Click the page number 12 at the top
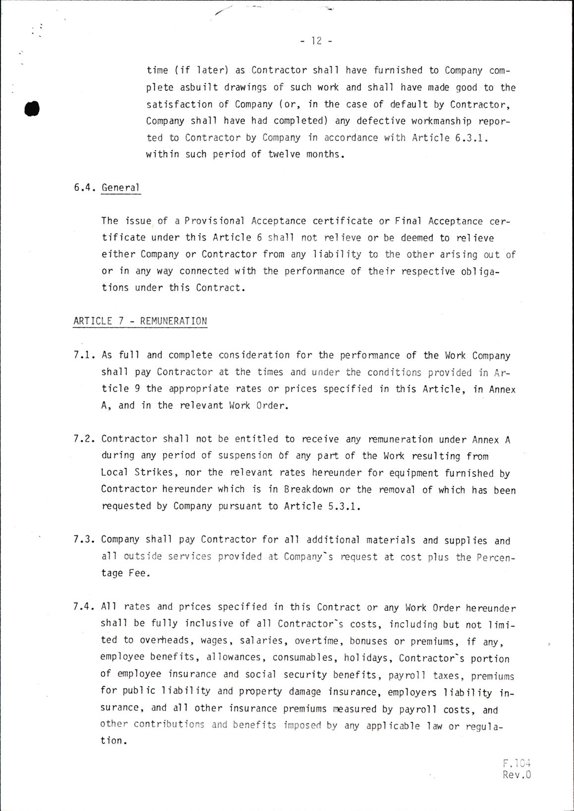pyautogui.click(x=316, y=41)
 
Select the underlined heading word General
pyautogui.click(x=121, y=188)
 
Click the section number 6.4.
pyautogui.click(x=84, y=188)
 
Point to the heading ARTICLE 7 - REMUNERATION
pyautogui.click(x=140, y=321)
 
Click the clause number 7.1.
pyautogui.click(x=84, y=355)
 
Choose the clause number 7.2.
pyautogui.click(x=84, y=439)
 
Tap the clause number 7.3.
pyautogui.click(x=84, y=539)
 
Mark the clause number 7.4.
pyautogui.click(x=84, y=607)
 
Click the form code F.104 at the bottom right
pyautogui.click(x=517, y=763)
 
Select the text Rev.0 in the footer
pyautogui.click(x=517, y=775)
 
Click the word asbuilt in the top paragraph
pyautogui.click(x=199, y=87)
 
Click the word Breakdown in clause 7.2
pyautogui.click(x=308, y=489)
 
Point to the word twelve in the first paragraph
pyautogui.click(x=284, y=154)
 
